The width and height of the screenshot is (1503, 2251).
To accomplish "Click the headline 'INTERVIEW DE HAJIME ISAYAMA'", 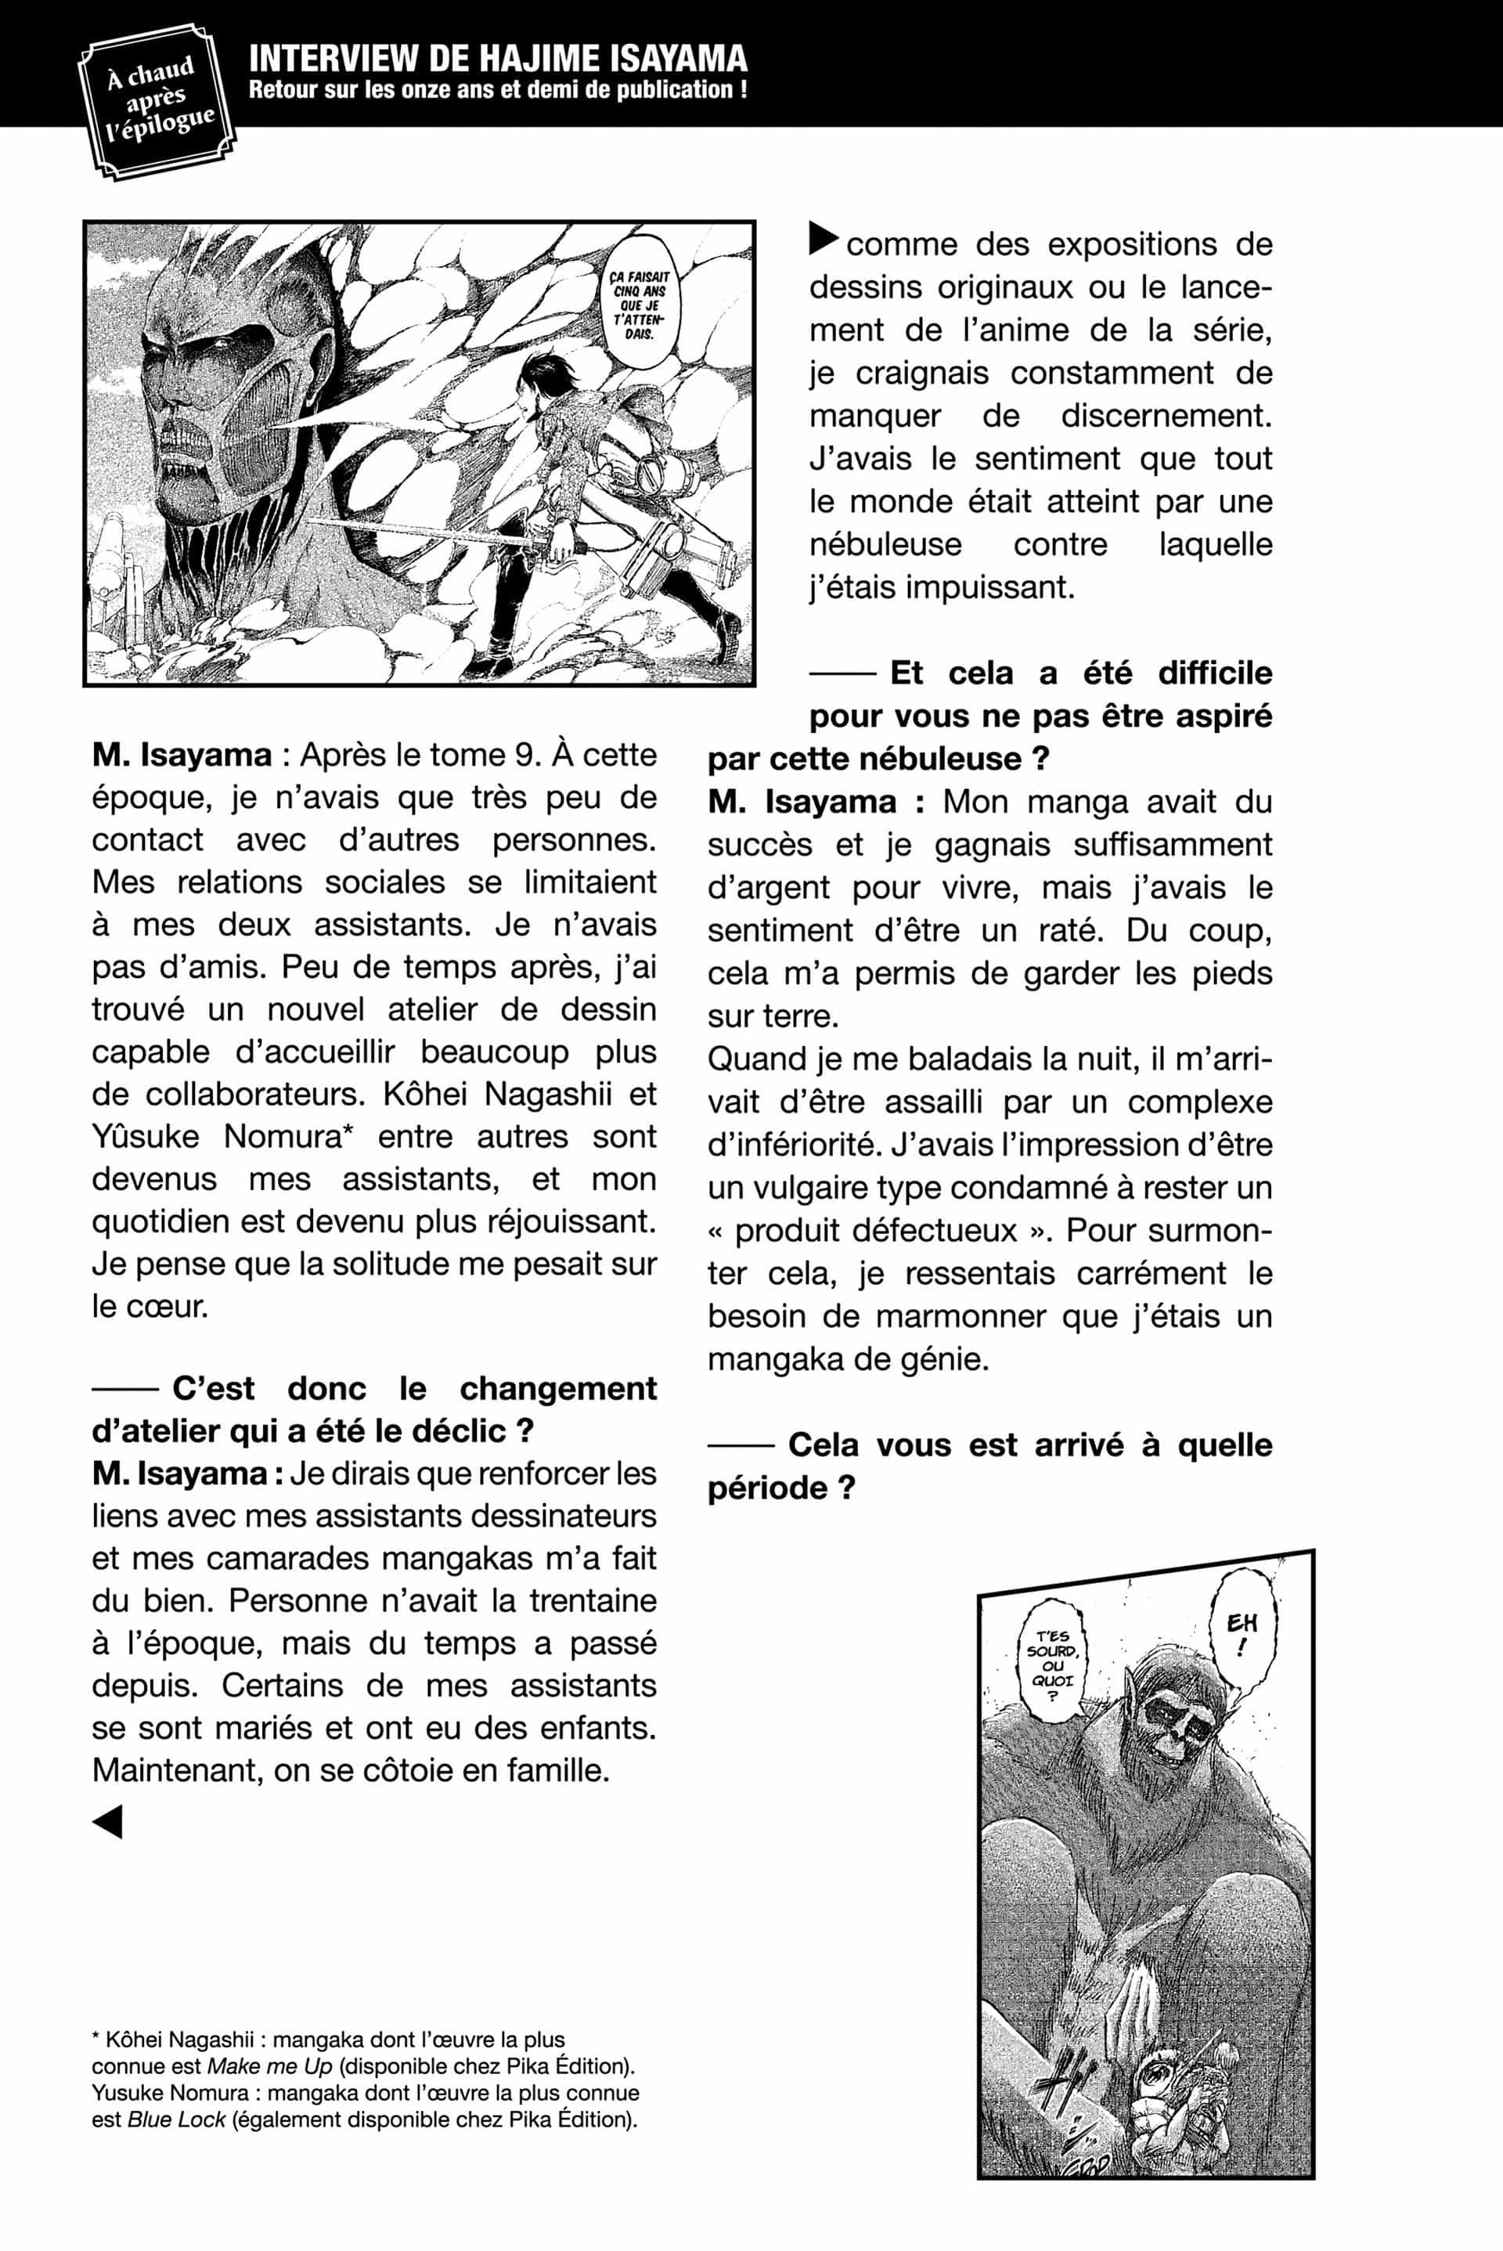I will point(498,59).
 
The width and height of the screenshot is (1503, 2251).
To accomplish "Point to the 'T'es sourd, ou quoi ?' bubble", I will point(1052,1666).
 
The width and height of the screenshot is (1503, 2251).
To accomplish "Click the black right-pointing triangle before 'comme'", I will point(824,239).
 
